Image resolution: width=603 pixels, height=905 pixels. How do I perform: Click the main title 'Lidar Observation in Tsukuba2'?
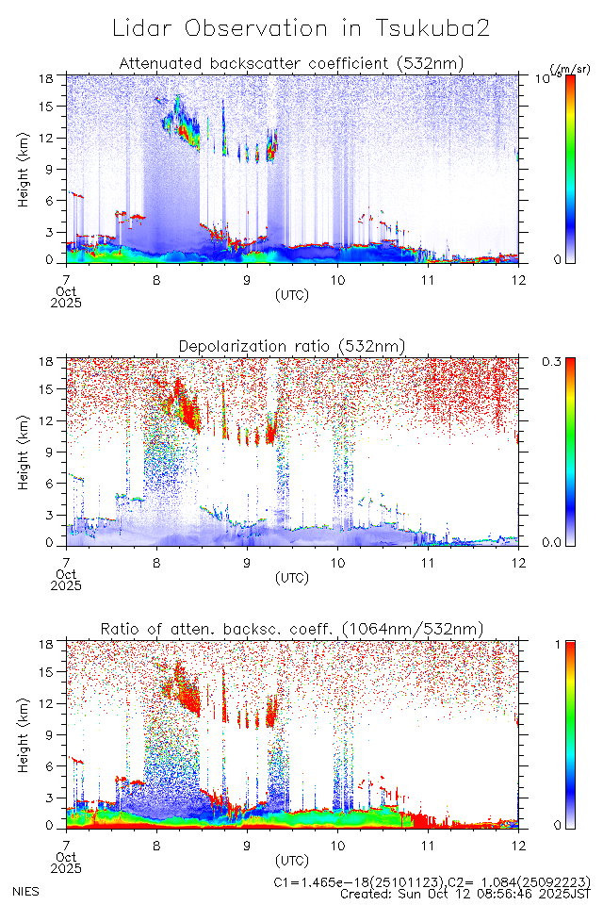click(301, 28)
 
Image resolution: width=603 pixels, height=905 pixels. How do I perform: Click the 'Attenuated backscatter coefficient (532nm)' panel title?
click(291, 63)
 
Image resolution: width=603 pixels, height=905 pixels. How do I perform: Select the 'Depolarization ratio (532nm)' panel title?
click(291, 347)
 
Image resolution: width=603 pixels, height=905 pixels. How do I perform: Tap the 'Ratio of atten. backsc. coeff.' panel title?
click(291, 629)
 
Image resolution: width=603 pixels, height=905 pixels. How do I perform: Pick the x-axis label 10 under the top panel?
click(337, 279)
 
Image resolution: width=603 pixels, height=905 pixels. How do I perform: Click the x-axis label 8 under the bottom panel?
click(156, 846)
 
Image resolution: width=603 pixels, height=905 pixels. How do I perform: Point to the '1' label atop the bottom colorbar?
click(557, 644)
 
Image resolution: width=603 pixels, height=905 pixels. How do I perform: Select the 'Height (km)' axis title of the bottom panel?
click(23, 733)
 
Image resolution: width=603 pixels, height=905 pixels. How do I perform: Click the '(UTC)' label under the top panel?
click(291, 294)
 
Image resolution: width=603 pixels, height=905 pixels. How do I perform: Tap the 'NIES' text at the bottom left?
click(25, 890)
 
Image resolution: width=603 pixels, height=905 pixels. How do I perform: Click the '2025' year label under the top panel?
click(67, 303)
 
